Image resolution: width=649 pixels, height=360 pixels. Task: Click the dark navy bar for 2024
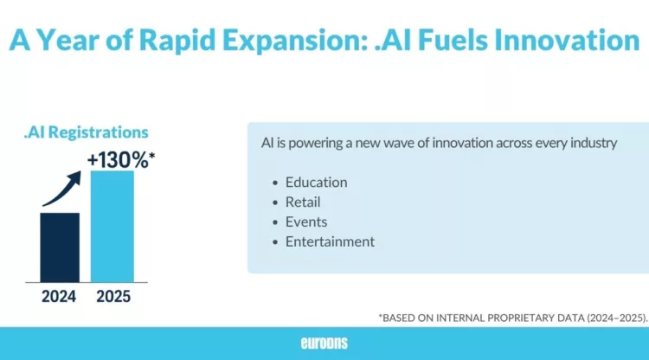tap(60, 247)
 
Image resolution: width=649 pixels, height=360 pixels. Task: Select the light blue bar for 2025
tap(112, 226)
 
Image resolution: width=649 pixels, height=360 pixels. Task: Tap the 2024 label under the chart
tap(60, 297)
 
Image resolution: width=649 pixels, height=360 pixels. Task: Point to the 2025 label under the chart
tap(112, 297)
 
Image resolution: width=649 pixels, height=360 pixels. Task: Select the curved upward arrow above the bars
tap(62, 188)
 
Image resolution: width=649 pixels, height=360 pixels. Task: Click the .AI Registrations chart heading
tap(86, 132)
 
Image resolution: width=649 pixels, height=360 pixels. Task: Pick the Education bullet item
tap(316, 183)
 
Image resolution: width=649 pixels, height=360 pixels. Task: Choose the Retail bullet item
tap(303, 202)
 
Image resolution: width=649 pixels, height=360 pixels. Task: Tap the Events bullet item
tap(306, 222)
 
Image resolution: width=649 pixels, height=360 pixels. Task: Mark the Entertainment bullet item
tap(330, 241)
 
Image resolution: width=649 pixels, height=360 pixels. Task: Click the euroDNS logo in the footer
tap(324, 343)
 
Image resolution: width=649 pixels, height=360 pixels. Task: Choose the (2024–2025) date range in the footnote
tap(611, 318)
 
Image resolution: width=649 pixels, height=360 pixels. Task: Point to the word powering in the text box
tap(318, 143)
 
